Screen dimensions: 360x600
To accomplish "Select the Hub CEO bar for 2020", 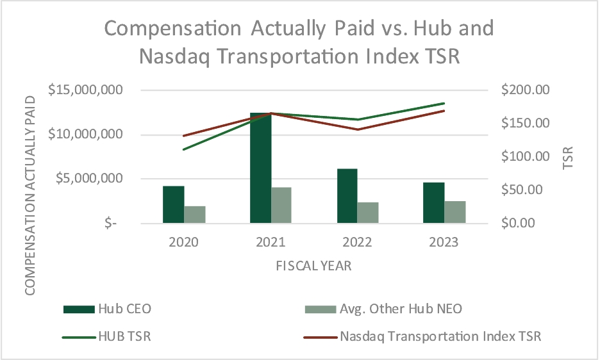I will point(173,204).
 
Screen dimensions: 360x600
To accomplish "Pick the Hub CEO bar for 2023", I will point(433,202).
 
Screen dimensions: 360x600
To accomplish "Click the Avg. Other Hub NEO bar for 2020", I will point(195,215).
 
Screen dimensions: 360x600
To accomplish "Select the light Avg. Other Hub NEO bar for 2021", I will point(281,205).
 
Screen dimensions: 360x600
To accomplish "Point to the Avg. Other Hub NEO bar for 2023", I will point(455,212).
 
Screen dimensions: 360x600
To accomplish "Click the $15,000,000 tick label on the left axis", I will point(86,90).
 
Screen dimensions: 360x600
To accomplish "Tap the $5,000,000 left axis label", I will point(90,179).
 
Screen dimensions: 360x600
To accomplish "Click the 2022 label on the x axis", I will point(357,243).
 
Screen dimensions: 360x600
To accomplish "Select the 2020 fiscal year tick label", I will point(183,243).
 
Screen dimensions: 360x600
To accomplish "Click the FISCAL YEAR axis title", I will point(313,265).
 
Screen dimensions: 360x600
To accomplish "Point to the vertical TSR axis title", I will point(567,156).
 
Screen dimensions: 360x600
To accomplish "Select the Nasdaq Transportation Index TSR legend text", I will point(440,336).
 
